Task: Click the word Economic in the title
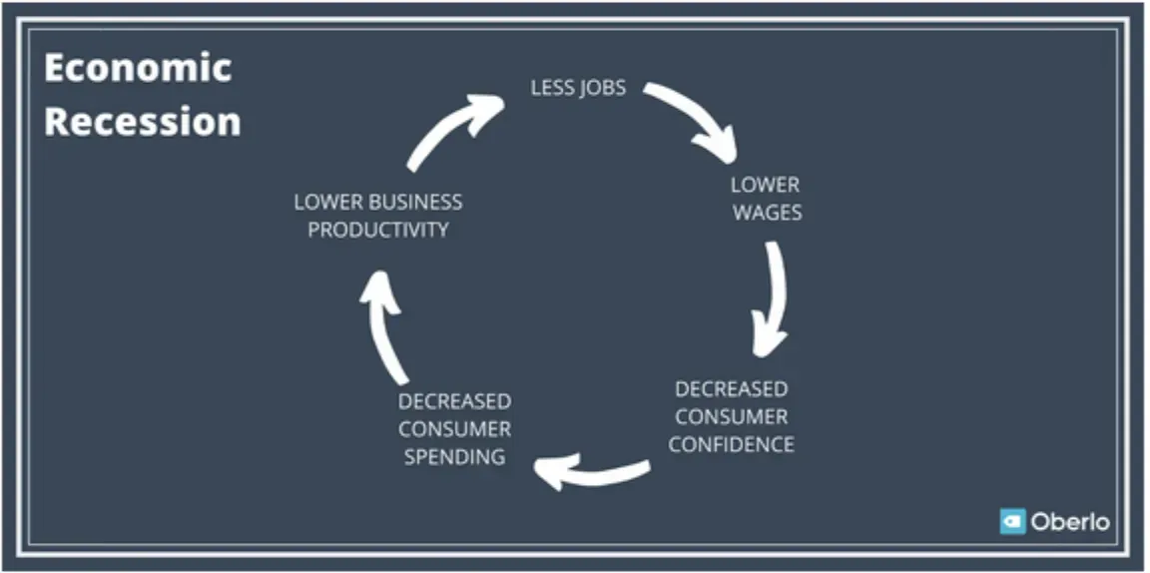point(138,68)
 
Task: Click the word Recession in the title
point(143,121)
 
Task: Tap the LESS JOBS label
point(578,87)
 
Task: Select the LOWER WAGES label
point(766,199)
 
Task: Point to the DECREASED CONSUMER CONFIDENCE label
point(731,416)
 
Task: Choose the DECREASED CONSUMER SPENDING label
point(454,429)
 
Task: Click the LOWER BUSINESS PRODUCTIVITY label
point(377,216)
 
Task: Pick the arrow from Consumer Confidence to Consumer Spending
point(591,470)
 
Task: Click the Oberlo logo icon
point(1013,521)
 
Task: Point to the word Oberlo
point(1070,521)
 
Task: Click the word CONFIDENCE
point(731,444)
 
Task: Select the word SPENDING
point(454,457)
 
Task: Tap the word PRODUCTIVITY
point(377,230)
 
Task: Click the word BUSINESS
point(414,202)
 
